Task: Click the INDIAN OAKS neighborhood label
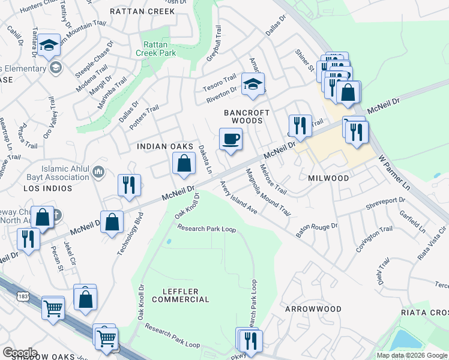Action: coord(165,146)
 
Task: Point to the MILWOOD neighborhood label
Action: coord(328,179)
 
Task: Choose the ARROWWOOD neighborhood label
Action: coord(313,309)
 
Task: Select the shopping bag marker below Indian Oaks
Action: coord(184,164)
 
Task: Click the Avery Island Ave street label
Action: coord(238,197)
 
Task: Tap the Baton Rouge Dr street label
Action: coord(317,230)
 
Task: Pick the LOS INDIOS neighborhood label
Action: coord(48,188)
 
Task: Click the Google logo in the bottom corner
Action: coord(20,353)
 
